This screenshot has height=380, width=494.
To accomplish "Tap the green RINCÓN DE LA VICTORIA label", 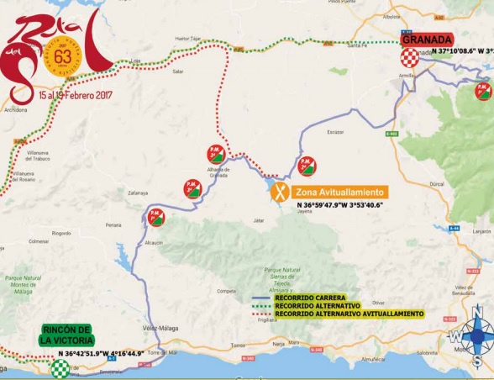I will [x=65, y=335].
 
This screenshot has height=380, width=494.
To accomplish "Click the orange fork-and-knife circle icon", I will [x=281, y=192].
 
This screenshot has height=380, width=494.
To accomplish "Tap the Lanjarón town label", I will [x=481, y=230].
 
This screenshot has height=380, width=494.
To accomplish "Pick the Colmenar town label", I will [x=39, y=240].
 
